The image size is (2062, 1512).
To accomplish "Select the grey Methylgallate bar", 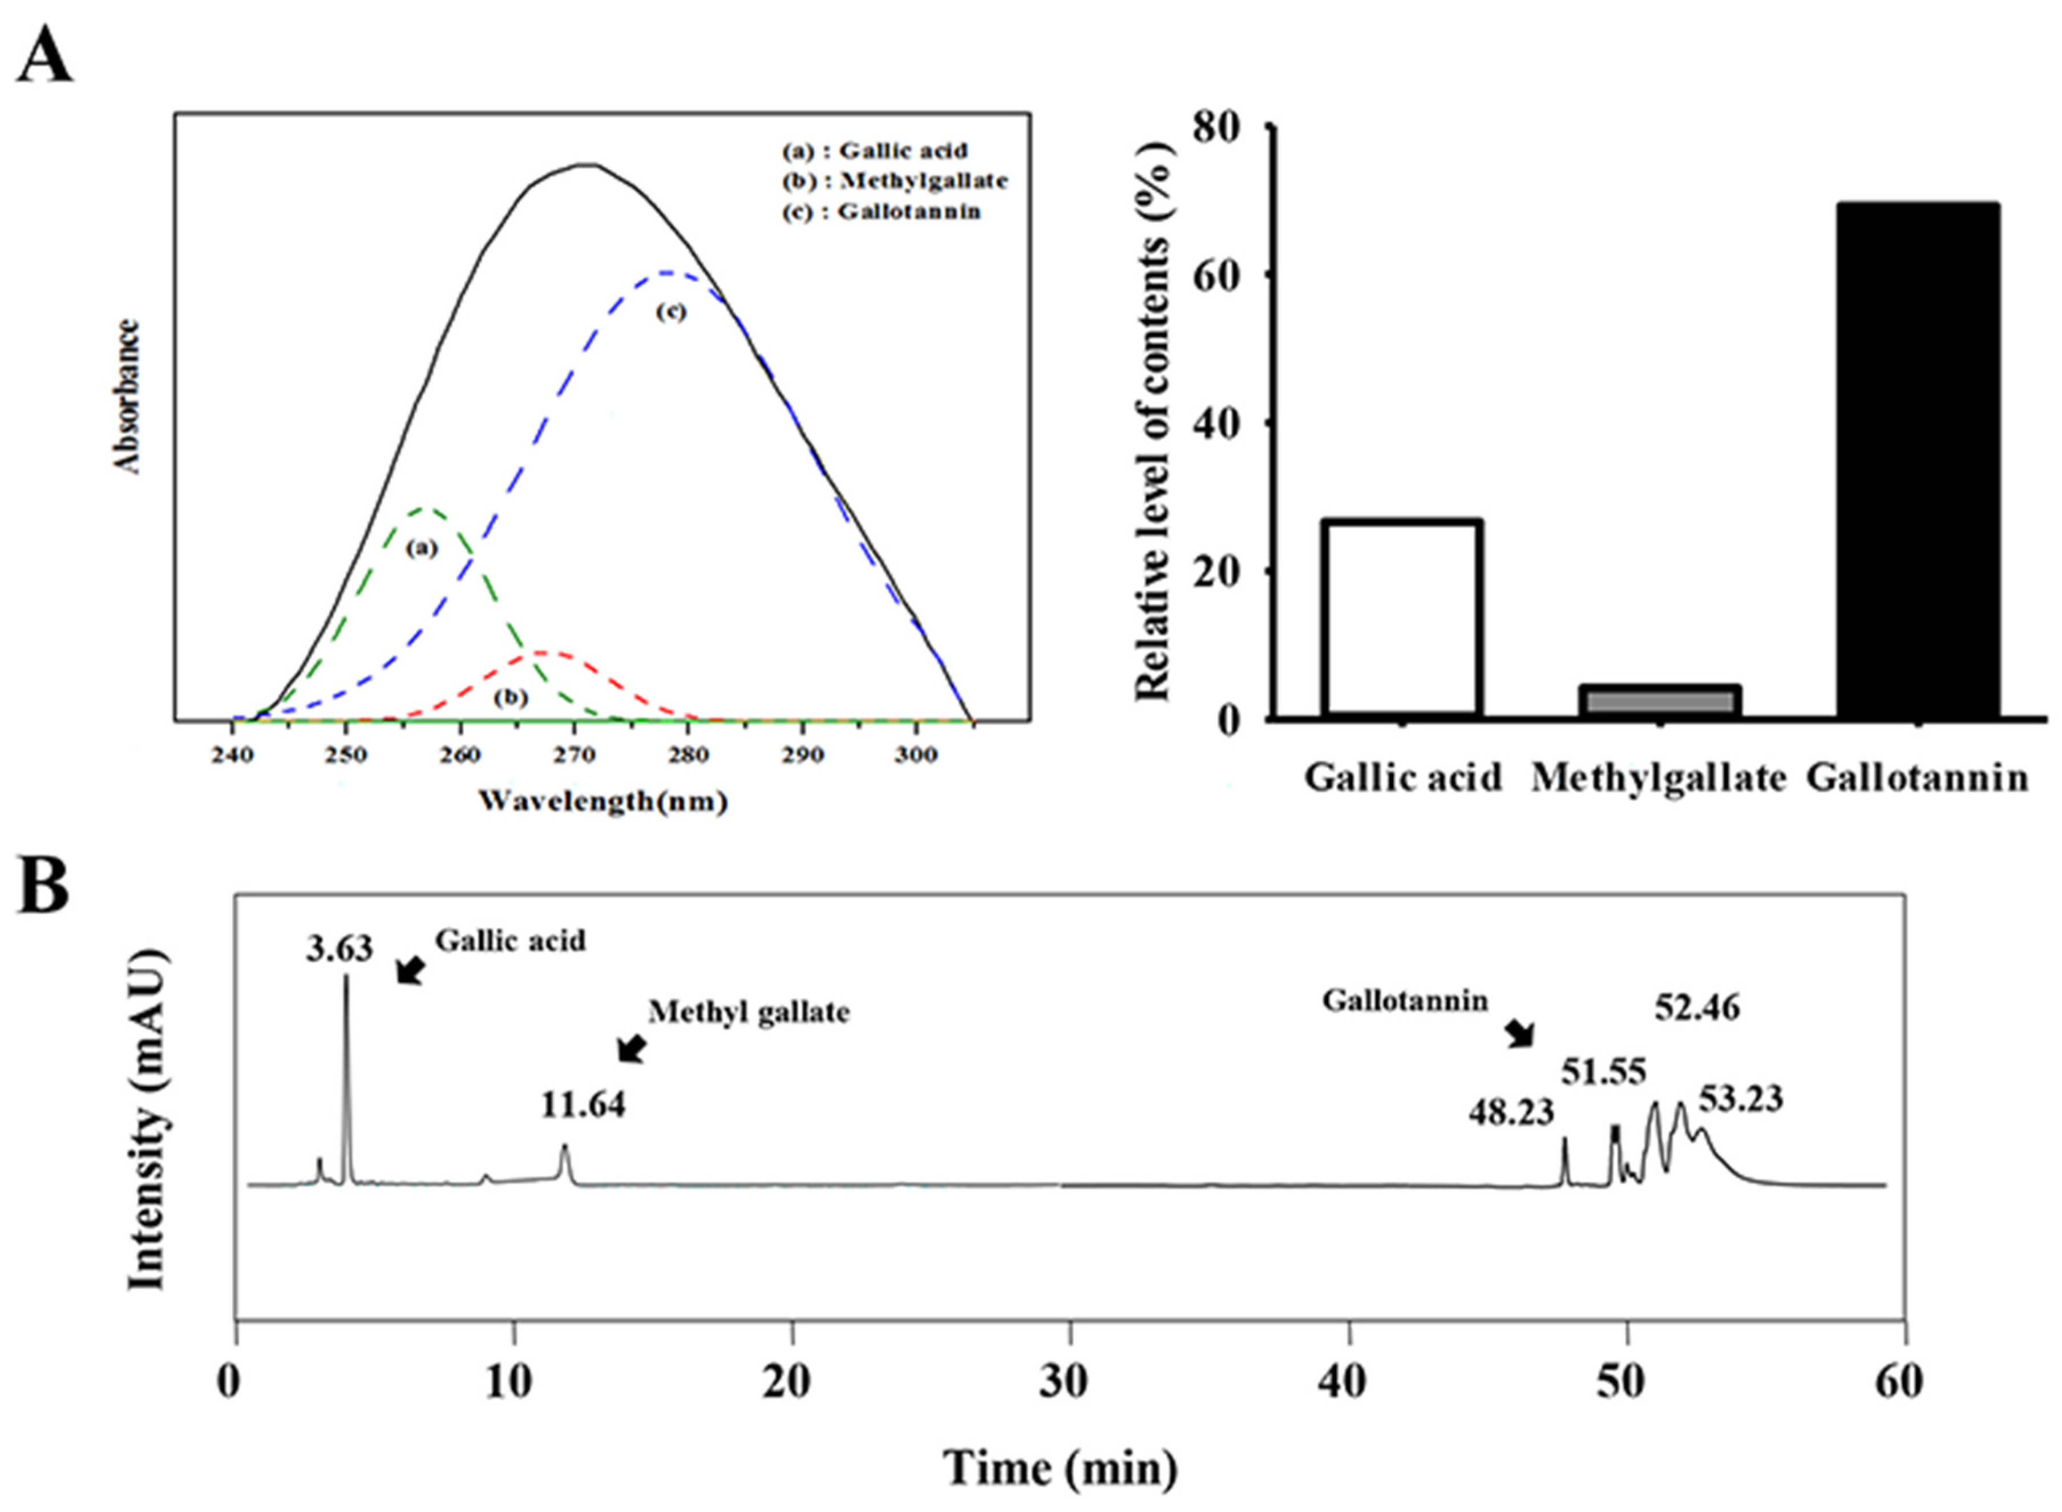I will tap(1660, 700).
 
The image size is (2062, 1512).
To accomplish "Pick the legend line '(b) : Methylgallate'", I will tap(893, 180).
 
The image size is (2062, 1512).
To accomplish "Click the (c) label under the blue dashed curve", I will tap(670, 312).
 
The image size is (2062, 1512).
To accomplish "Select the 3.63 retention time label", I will tap(339, 949).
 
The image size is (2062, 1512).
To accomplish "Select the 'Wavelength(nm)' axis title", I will tap(603, 802).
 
